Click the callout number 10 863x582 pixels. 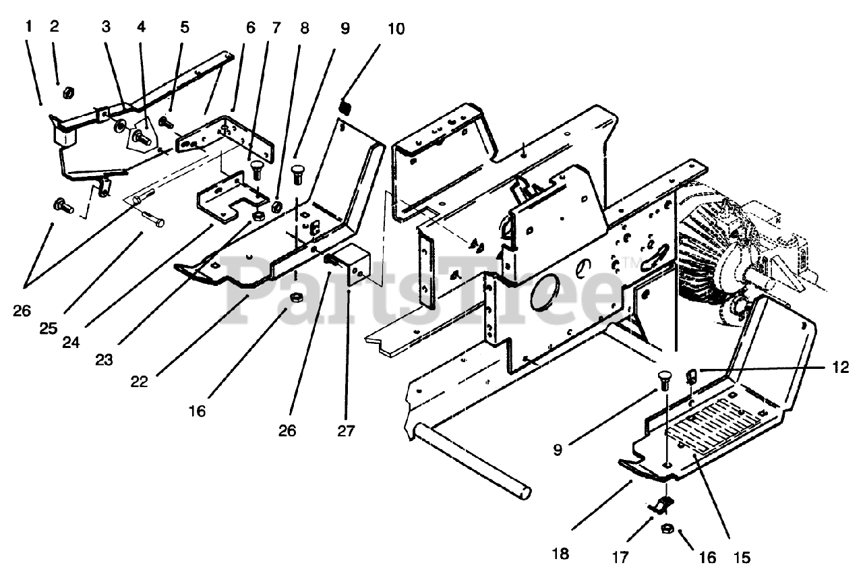[x=396, y=29]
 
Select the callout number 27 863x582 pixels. [x=346, y=431]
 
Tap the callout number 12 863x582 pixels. [x=840, y=368]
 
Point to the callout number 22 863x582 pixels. [x=139, y=382]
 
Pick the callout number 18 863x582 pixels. [x=560, y=554]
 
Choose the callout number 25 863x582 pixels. [x=48, y=328]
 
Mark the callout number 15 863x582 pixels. [x=742, y=558]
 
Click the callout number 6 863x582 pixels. [x=250, y=28]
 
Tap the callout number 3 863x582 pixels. [x=106, y=27]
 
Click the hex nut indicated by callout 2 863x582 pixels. [x=68, y=92]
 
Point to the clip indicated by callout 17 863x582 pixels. [x=661, y=505]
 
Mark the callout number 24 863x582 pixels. [x=71, y=342]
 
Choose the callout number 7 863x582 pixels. [x=276, y=28]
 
